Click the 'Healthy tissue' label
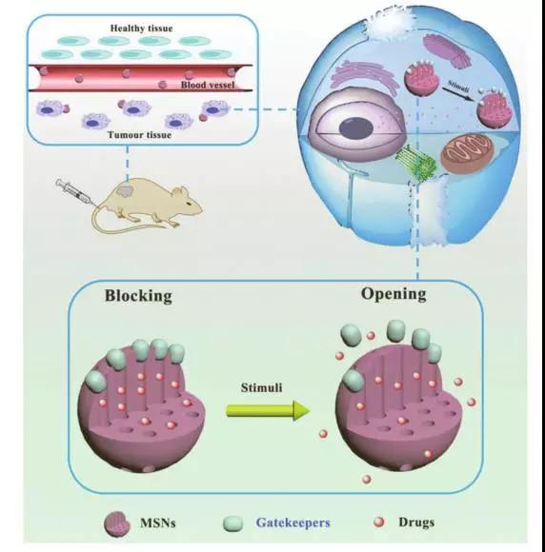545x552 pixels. point(141,29)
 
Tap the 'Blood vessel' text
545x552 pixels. point(208,85)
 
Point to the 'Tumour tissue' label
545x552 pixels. point(140,135)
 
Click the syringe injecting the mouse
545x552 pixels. point(74,192)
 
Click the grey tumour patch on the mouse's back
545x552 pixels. point(126,191)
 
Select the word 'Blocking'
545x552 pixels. point(138,296)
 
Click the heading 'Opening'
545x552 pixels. point(394,294)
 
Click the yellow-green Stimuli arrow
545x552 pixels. point(268,410)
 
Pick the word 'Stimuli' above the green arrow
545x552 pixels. point(262,387)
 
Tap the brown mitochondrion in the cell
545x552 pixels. point(466,153)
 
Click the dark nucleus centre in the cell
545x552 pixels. point(356,128)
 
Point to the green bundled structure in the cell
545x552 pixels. point(416,163)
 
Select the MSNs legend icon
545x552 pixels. point(117,523)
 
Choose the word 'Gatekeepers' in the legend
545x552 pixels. point(293,522)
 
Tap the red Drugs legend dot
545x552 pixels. point(379,522)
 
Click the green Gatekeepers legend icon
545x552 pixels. point(233,523)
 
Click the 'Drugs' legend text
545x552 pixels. point(416,522)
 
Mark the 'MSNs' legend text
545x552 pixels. point(158,522)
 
